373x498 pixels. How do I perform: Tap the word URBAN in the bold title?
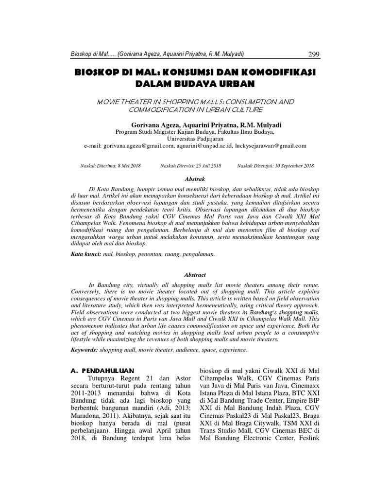[x=236, y=84]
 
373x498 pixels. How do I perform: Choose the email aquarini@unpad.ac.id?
[x=204, y=145]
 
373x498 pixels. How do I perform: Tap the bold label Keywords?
[x=84, y=349]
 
